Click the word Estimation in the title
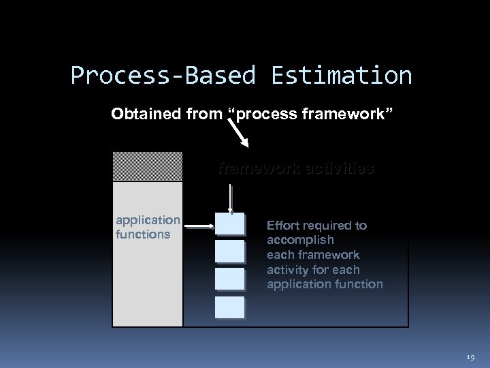[x=341, y=76]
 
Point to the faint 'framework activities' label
[x=295, y=168]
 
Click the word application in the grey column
[x=148, y=220]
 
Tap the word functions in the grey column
[x=143, y=234]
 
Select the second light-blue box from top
[x=229, y=251]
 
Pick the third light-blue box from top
[x=229, y=279]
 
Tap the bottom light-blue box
[x=229, y=307]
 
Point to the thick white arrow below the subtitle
[x=242, y=134]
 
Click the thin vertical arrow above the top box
[x=231, y=198]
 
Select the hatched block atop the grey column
[x=148, y=166]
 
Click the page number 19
[x=470, y=356]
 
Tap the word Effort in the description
[x=282, y=226]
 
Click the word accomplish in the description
[x=300, y=240]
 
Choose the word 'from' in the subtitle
[x=203, y=113]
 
